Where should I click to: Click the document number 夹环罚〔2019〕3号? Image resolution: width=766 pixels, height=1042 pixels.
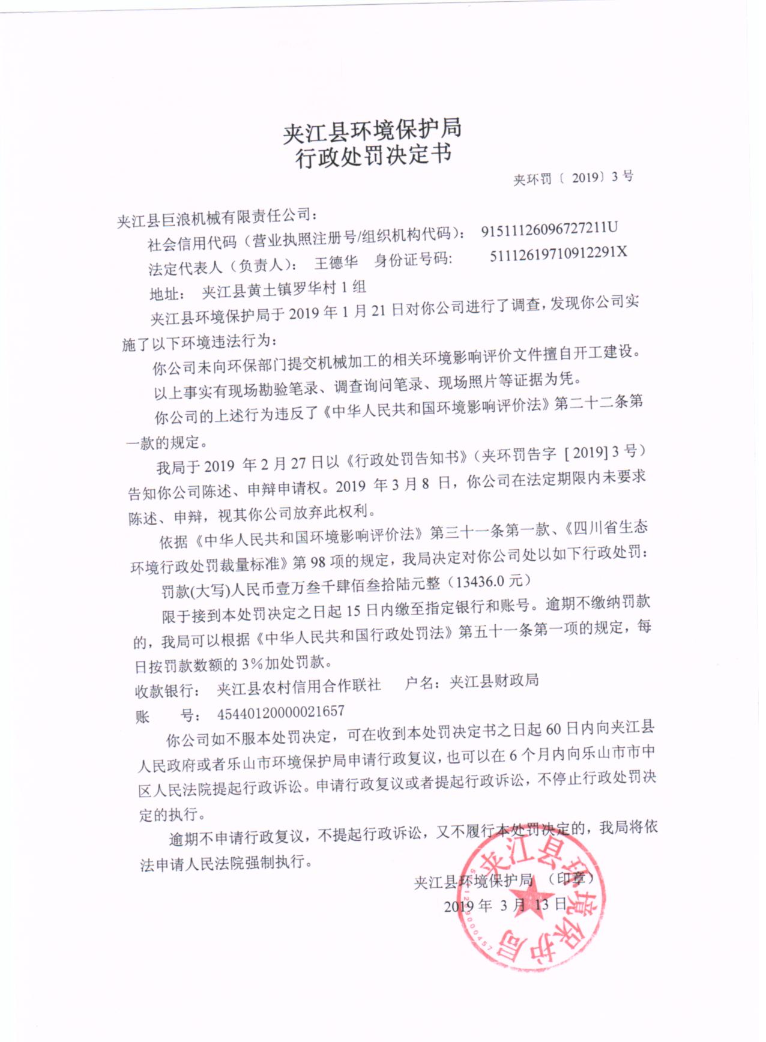573,178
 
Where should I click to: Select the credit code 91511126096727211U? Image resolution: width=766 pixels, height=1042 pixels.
549,230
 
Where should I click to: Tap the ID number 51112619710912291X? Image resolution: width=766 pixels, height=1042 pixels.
558,254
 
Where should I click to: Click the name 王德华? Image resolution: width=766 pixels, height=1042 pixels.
336,262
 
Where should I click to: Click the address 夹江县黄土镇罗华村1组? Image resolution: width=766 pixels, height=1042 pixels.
283,290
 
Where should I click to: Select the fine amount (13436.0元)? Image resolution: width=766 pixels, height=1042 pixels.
492,581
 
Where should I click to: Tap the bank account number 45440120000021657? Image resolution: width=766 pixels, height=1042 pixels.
280,712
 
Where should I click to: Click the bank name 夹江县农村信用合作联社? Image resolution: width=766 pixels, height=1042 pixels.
298,686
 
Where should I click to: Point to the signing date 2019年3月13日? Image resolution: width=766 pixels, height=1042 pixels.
505,905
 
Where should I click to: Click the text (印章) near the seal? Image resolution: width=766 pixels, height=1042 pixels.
571,878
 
